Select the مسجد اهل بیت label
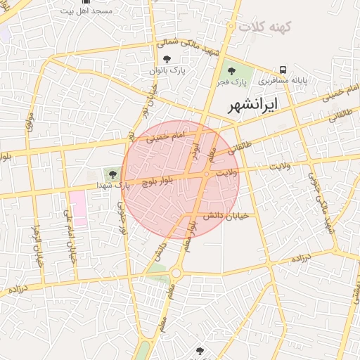coord(86,12)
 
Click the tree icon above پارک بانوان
coord(167,60)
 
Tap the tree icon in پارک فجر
coord(231,70)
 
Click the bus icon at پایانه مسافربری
coord(283,70)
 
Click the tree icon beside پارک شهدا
coord(112,172)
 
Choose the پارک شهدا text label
coord(112,186)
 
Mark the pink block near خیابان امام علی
coord(78,207)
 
